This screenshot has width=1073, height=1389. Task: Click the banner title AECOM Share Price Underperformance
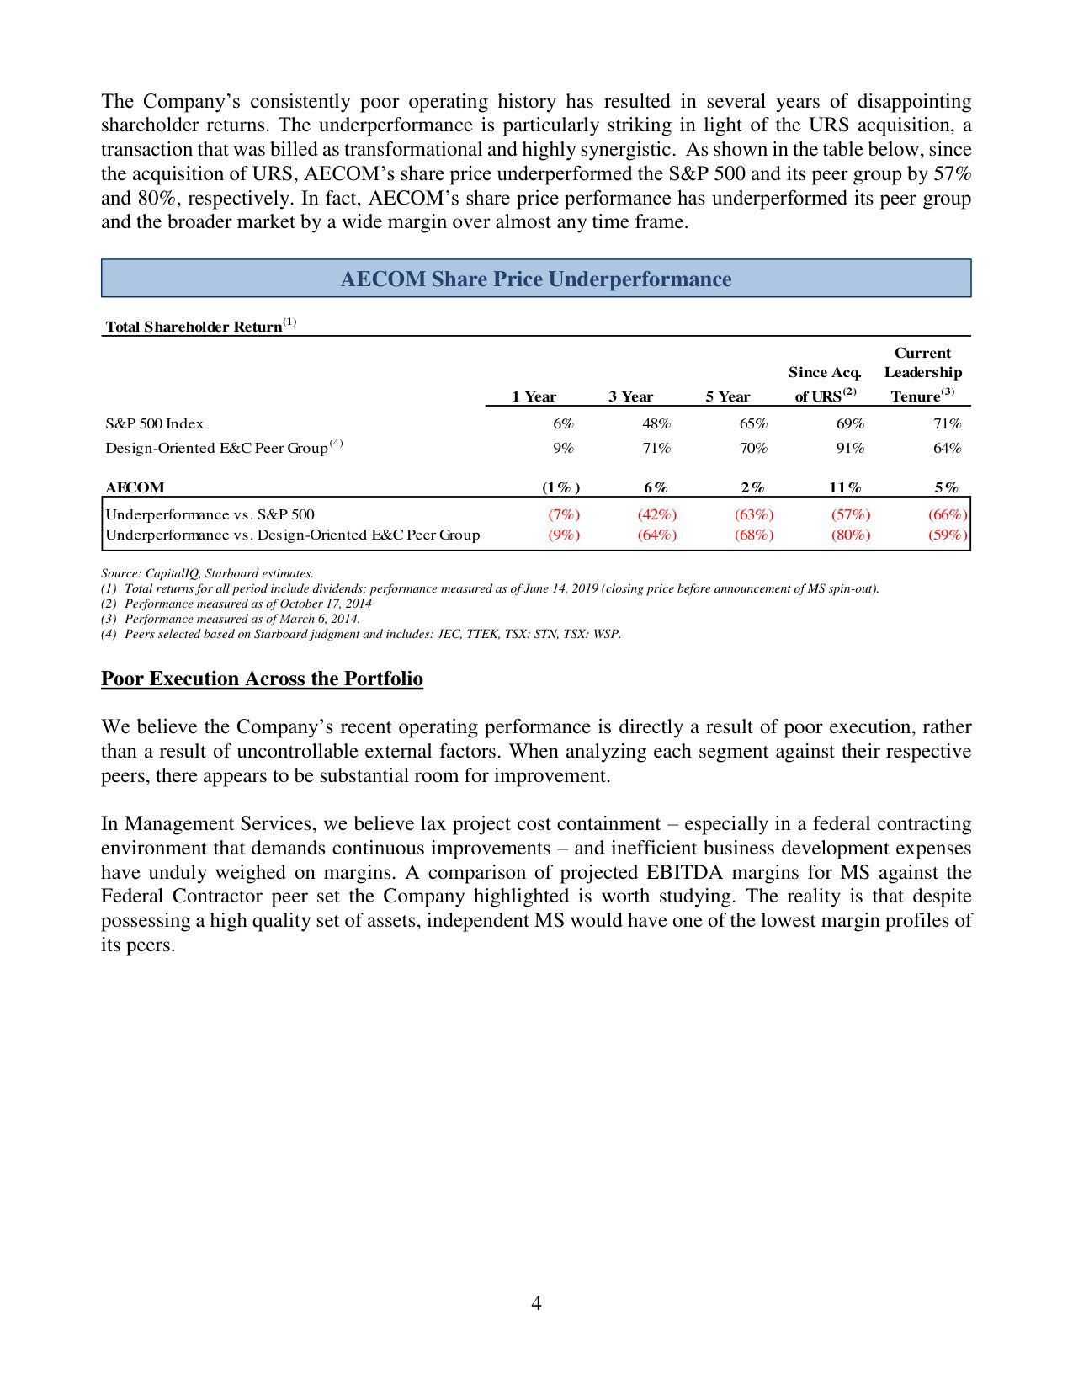tap(536, 279)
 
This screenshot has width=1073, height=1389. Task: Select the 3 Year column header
tap(630, 396)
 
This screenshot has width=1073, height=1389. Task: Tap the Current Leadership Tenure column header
tap(922, 374)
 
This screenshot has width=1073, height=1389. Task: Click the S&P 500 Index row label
tap(154, 423)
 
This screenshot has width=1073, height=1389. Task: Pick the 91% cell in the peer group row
tap(850, 448)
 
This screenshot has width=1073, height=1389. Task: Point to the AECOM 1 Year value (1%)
tap(560, 487)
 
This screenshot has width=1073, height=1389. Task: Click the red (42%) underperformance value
tap(656, 514)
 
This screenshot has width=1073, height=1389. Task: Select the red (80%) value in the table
tap(850, 535)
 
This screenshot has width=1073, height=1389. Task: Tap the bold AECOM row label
tap(135, 487)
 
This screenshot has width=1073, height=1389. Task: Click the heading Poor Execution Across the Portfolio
tap(262, 679)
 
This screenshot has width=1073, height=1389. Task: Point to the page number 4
tap(536, 1303)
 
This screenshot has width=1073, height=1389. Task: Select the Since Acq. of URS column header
tap(825, 384)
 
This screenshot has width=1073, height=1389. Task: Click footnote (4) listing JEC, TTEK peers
tap(362, 634)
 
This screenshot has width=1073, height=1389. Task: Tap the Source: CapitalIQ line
tap(207, 573)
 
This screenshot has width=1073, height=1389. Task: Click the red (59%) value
tap(948, 535)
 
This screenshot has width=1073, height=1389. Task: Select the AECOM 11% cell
tap(845, 487)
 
